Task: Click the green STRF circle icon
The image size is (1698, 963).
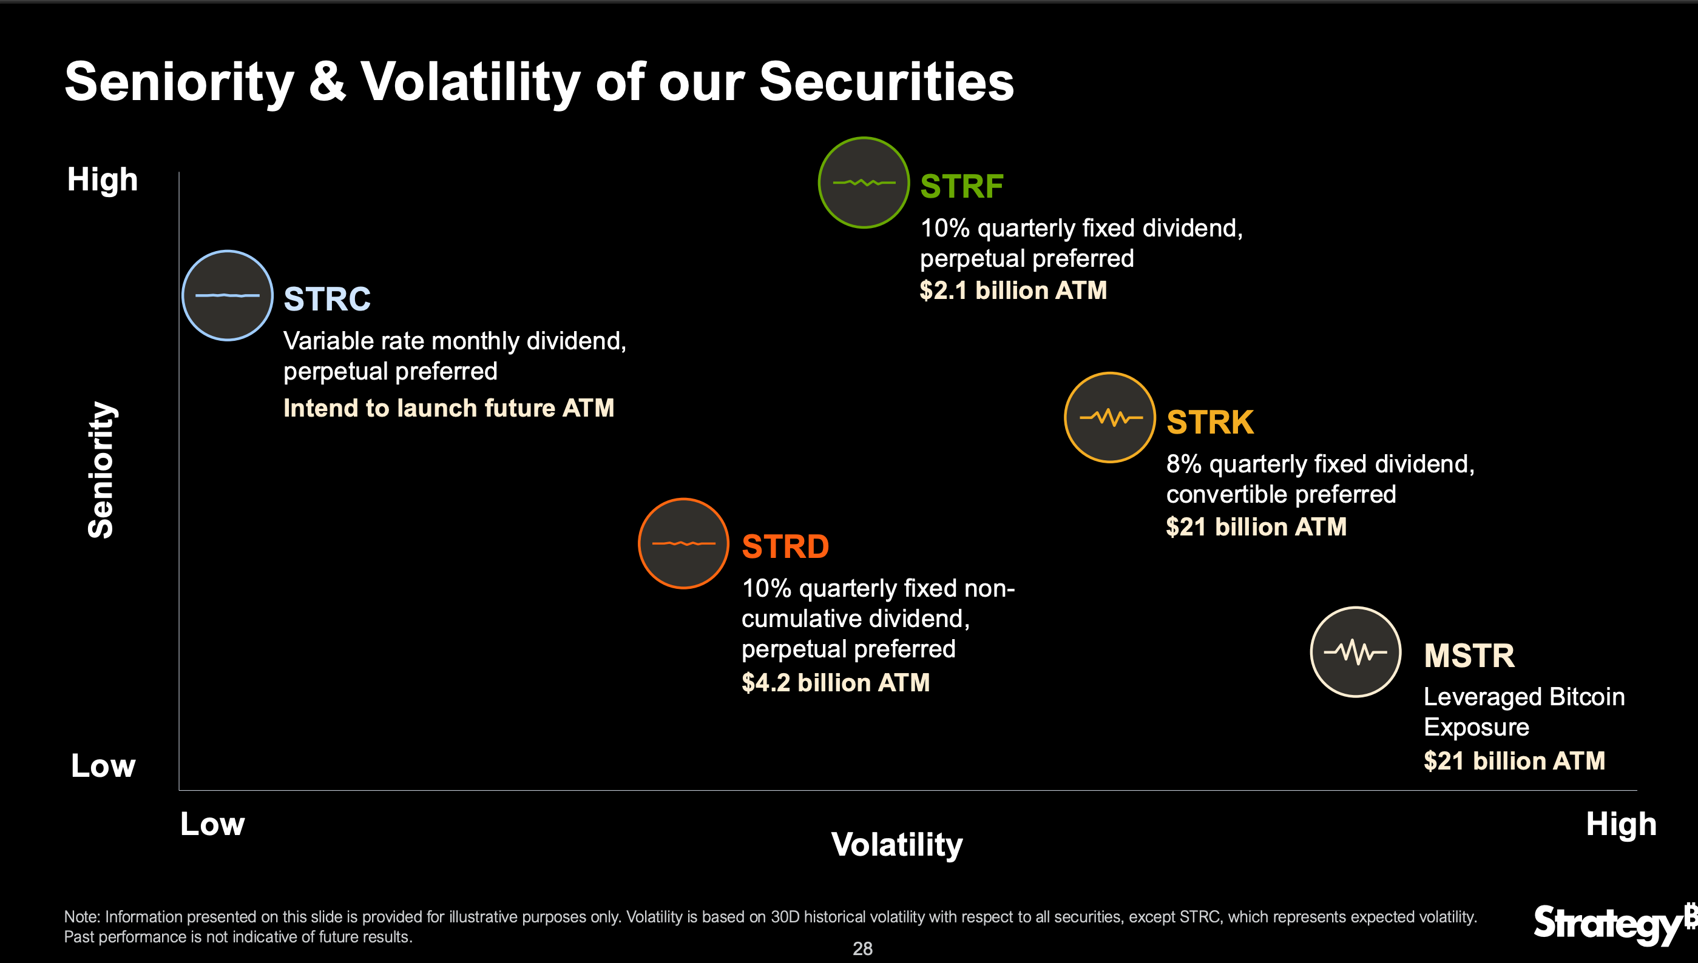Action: point(864,183)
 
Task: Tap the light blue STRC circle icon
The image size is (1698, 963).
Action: point(228,296)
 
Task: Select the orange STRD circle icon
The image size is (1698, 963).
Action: point(683,543)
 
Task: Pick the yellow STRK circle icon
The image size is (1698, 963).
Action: point(1110,417)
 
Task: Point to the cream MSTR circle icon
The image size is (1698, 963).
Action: point(1355,652)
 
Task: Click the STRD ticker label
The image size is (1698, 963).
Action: point(785,546)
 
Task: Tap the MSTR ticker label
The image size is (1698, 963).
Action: point(1469,656)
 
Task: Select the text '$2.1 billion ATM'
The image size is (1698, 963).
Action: point(1012,290)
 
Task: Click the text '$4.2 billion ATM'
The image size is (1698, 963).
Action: point(835,683)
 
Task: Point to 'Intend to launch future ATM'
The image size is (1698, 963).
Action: point(448,408)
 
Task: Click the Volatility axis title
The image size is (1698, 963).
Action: point(897,845)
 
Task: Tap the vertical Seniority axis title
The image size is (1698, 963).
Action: point(101,469)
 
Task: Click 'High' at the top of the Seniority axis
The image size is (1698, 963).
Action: point(103,180)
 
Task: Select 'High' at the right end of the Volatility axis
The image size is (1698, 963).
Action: point(1620,824)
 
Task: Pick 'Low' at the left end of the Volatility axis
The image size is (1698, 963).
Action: point(212,824)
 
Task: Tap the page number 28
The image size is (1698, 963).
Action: point(862,948)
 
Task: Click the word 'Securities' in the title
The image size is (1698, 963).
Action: point(886,81)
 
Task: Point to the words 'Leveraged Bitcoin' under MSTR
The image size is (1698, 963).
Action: point(1523,696)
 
